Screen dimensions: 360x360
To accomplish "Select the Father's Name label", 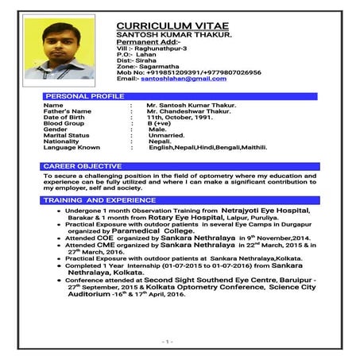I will pyautogui.click(x=68, y=110).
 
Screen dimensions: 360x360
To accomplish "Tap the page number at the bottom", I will pyautogui.click(x=168, y=340).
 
